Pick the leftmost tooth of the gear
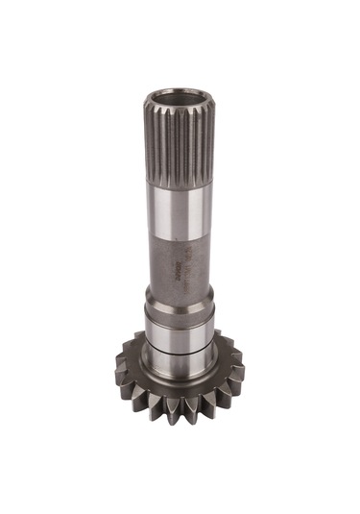tap(122, 366)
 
